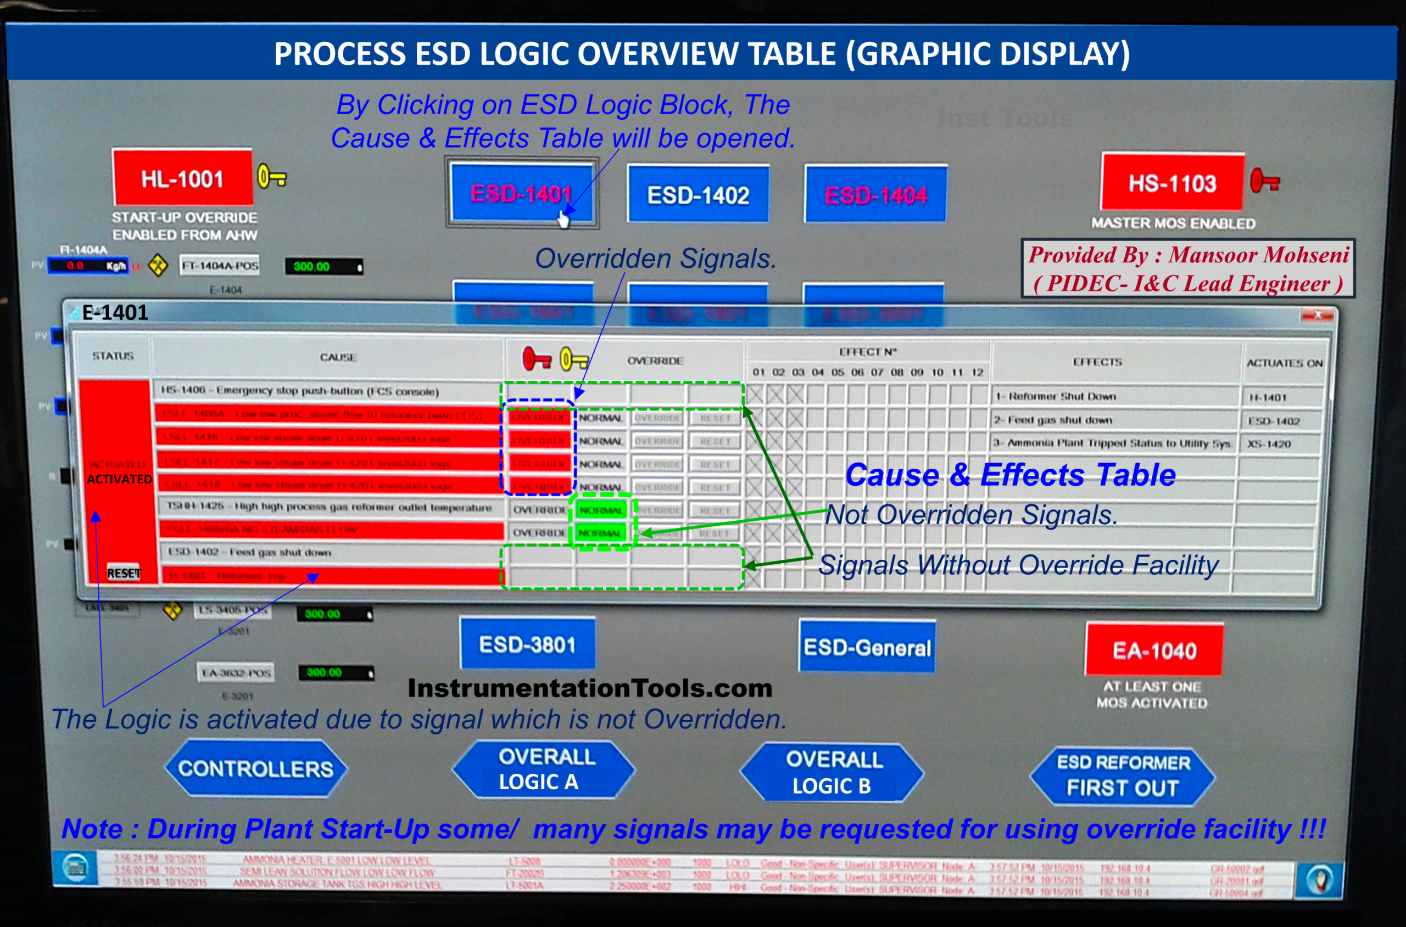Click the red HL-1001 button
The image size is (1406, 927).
[182, 178]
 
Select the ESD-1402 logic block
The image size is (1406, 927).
[698, 194]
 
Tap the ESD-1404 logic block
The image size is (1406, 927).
[875, 194]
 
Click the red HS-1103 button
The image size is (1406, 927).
[1172, 183]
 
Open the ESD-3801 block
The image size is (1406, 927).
[527, 644]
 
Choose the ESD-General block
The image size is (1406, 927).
[867, 647]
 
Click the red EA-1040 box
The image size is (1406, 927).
[1154, 650]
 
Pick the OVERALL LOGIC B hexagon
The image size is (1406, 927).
[832, 772]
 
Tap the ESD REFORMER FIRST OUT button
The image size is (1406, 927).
[1122, 776]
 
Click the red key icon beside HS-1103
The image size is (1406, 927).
[1265, 181]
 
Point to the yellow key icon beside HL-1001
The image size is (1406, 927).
[272, 177]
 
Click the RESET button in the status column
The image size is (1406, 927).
[124, 573]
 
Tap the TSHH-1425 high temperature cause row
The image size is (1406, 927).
[329, 507]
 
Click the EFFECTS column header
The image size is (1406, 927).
[1097, 361]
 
